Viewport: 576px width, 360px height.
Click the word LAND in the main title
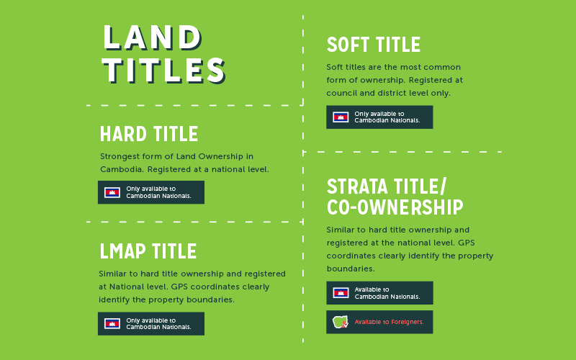tap(152, 38)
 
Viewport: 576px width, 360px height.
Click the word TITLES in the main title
tap(164, 71)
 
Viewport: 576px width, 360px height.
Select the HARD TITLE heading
tap(149, 135)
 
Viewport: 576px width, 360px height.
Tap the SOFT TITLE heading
tap(373, 45)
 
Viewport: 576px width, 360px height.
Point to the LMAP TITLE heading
tap(148, 251)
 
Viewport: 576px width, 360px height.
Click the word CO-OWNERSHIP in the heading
tap(395, 208)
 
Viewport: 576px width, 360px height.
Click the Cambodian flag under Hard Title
tap(112, 192)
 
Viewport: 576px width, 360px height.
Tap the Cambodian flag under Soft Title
tap(341, 117)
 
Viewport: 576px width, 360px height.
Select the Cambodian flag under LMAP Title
tap(112, 324)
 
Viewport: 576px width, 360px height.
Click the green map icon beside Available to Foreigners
tap(340, 322)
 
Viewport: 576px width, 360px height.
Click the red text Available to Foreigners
tap(389, 322)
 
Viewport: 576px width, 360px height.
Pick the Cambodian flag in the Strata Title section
tap(341, 292)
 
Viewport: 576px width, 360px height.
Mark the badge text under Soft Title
tap(387, 117)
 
